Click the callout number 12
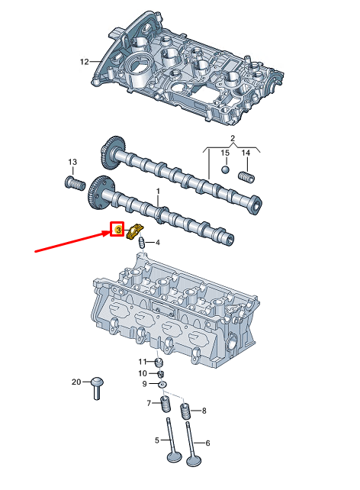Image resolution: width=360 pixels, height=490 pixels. pyautogui.click(x=85, y=61)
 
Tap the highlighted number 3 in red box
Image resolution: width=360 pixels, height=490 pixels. pyautogui.click(x=117, y=229)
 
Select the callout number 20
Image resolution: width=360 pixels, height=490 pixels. pyautogui.click(x=76, y=381)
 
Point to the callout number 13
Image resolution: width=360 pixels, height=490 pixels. pyautogui.click(x=72, y=163)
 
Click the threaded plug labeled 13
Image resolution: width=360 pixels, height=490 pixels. pyautogui.click(x=72, y=184)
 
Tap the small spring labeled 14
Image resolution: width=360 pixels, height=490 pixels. pyautogui.click(x=246, y=177)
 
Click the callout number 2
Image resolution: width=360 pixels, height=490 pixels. pyautogui.click(x=233, y=137)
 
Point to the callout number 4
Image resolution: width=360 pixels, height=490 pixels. pyautogui.click(x=158, y=243)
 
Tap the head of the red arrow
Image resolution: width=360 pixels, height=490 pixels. pyautogui.click(x=107, y=233)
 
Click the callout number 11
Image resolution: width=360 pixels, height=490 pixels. pyautogui.click(x=142, y=361)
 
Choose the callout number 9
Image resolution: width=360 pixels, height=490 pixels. pyautogui.click(x=144, y=385)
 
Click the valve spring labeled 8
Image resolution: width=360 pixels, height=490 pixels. pyautogui.click(x=184, y=412)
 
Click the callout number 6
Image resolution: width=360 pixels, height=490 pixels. pyautogui.click(x=207, y=443)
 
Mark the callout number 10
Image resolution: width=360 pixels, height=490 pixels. pyautogui.click(x=142, y=373)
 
